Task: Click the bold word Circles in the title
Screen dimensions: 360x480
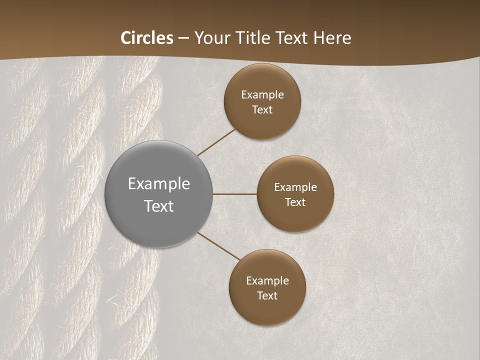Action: point(147,38)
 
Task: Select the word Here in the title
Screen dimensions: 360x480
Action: point(332,38)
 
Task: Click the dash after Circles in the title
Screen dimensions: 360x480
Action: point(183,38)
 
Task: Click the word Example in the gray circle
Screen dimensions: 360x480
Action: point(159,183)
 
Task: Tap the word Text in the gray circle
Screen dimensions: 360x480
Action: point(159,206)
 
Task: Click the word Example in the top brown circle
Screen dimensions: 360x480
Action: point(262,95)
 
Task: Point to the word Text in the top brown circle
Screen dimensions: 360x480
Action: point(262,110)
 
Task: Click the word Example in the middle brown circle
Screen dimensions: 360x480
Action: point(295,187)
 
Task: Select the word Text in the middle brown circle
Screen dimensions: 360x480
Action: point(295,202)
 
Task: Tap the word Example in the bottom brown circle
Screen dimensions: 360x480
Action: point(267,281)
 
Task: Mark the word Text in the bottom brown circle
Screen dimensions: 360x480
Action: point(267,296)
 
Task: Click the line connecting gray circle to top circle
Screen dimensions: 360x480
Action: point(216,142)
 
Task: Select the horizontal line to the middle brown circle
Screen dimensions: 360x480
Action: point(235,194)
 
